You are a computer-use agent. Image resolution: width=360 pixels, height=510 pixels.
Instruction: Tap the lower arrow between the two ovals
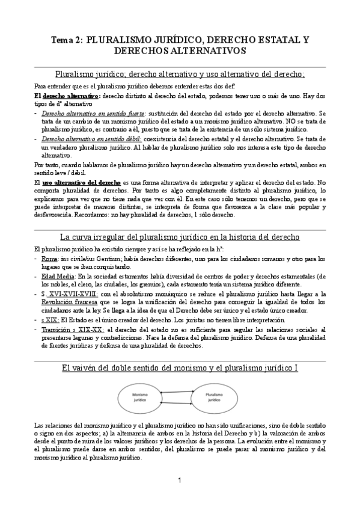click(178, 403)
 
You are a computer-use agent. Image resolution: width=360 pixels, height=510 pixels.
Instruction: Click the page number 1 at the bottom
click(180, 480)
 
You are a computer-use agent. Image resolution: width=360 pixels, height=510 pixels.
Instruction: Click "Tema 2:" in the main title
click(65, 40)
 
